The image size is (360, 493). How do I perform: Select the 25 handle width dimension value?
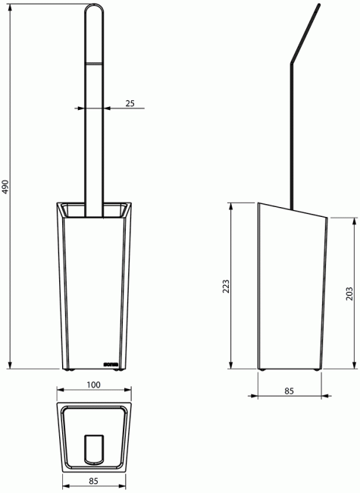tap(130, 103)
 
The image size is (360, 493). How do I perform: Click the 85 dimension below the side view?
tap(290, 391)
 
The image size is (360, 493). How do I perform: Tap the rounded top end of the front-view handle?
tap(94, 9)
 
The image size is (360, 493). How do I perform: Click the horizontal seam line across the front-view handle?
tap(94, 63)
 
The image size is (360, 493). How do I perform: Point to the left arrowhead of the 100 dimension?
tap(61, 393)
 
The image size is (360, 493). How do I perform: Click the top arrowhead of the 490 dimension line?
tap(11, 5)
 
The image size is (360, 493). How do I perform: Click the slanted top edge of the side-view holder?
tap(292, 211)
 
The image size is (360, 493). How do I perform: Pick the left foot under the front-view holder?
tap(70, 370)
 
